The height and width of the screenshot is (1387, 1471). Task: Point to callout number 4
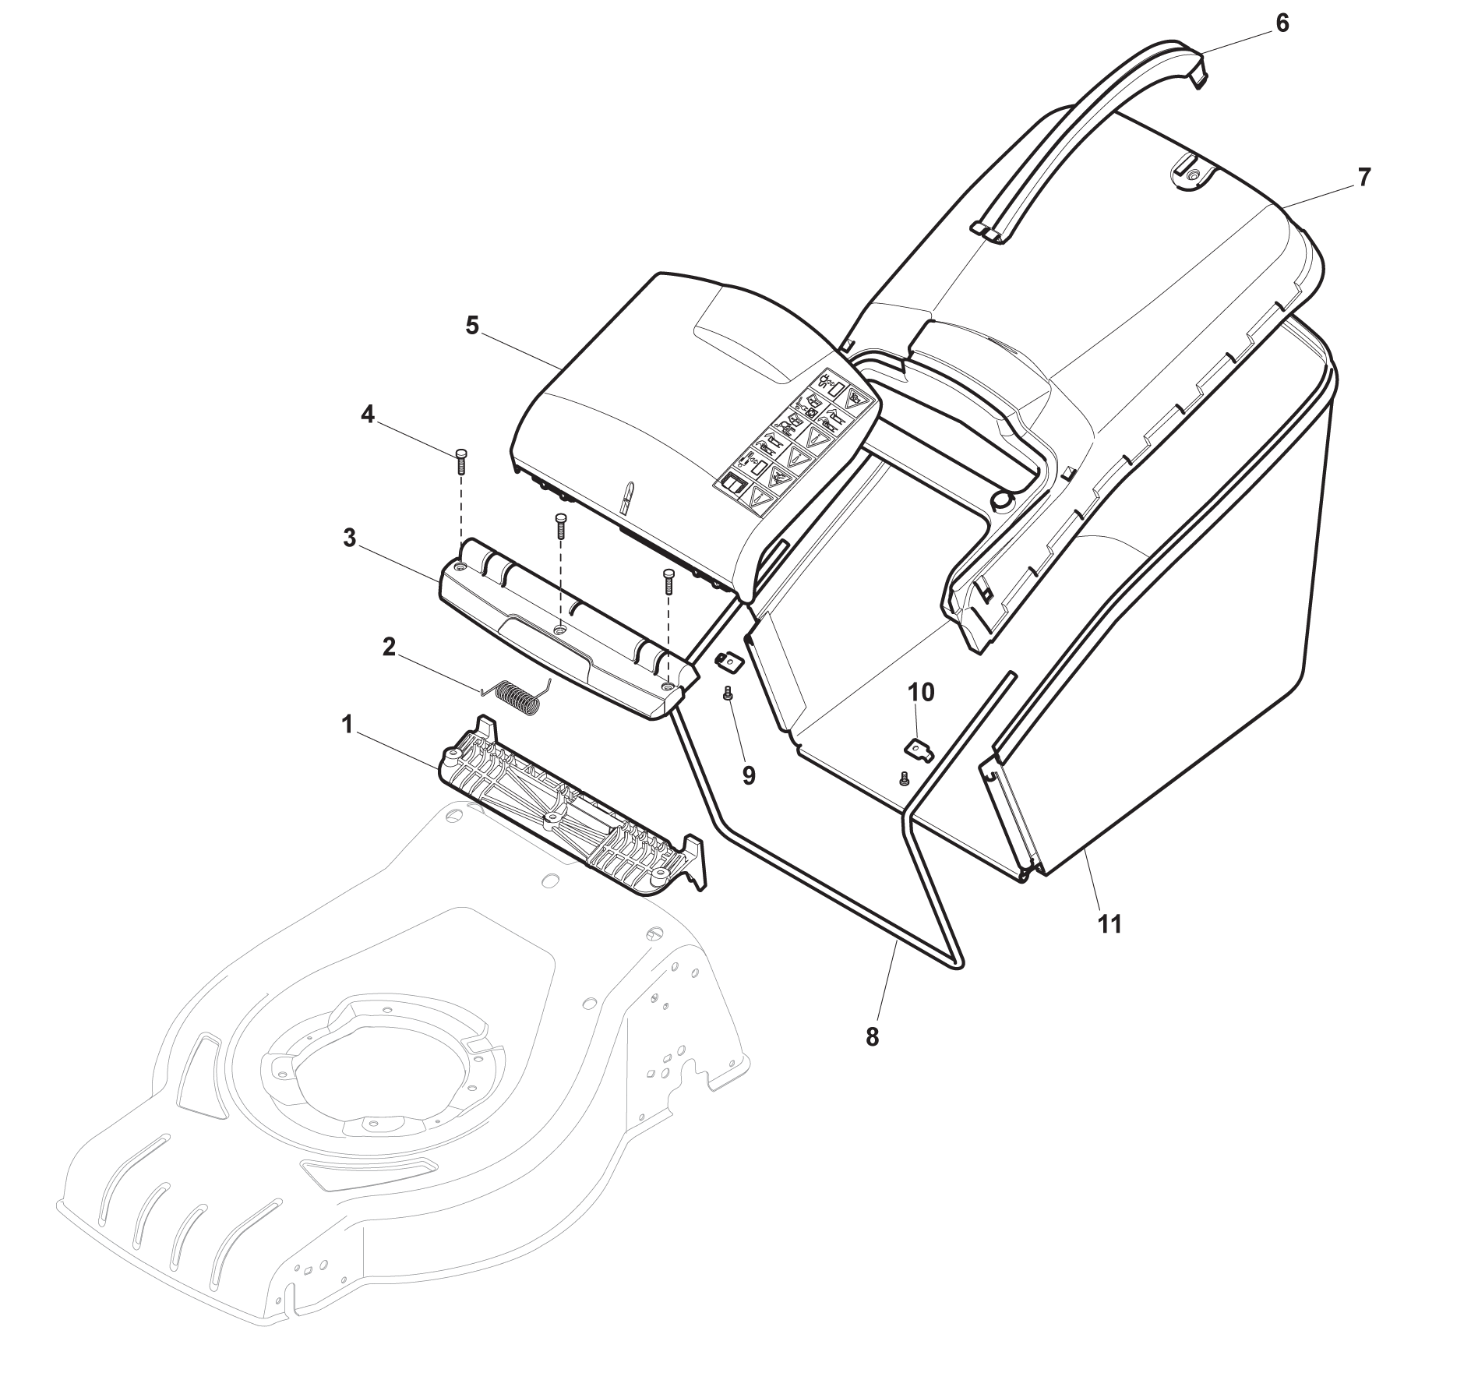coord(367,415)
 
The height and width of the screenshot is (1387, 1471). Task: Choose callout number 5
coord(472,325)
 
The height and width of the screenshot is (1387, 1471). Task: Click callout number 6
coord(1282,24)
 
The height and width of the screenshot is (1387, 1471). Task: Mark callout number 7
coord(1363,178)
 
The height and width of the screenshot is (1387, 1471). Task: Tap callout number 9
coord(748,775)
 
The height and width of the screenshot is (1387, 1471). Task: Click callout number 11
coord(1109,924)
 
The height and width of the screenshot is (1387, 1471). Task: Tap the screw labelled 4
coord(460,461)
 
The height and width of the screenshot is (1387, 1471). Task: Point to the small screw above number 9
coord(728,693)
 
